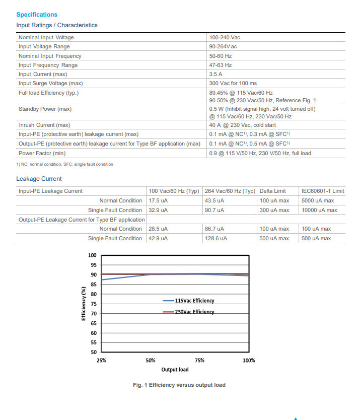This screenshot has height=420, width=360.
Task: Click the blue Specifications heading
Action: [x=37, y=15]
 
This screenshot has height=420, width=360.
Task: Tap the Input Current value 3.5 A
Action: [x=217, y=74]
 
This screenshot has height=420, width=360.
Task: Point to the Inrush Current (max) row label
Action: [x=44, y=125]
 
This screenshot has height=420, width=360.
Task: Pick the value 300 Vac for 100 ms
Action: [x=233, y=83]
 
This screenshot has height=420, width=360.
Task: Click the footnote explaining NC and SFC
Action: [x=64, y=164]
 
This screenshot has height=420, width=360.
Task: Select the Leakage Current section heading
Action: [x=39, y=179]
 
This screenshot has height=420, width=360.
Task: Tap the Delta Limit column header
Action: [x=272, y=191]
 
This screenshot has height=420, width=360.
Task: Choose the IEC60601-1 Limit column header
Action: [x=323, y=191]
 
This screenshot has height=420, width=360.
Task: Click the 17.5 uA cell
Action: [x=158, y=200]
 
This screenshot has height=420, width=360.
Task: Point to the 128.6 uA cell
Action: [x=216, y=238]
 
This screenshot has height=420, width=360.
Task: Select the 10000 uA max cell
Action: [x=319, y=210]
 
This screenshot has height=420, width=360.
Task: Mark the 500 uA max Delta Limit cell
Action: [x=274, y=238]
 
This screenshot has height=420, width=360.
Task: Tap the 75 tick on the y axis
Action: [x=93, y=304]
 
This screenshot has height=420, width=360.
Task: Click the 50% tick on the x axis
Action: [x=151, y=361]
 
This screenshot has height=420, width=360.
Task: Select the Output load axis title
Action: [x=175, y=370]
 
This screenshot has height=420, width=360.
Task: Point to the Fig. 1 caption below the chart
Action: [x=179, y=385]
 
